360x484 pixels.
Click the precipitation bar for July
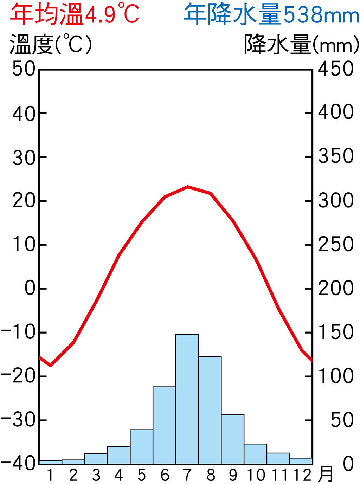click(187, 399)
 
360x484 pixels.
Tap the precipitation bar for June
click(164, 425)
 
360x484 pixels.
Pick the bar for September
click(233, 439)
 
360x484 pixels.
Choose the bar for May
click(141, 447)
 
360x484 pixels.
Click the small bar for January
click(50, 462)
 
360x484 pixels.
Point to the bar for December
click(301, 461)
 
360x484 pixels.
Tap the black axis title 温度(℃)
click(51, 45)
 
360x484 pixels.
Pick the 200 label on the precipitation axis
click(336, 288)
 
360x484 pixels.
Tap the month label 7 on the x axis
click(187, 475)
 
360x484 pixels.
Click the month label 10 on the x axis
click(256, 475)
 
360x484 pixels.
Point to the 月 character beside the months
click(326, 475)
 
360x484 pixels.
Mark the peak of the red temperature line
click(188, 187)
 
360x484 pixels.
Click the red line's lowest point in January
click(51, 365)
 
